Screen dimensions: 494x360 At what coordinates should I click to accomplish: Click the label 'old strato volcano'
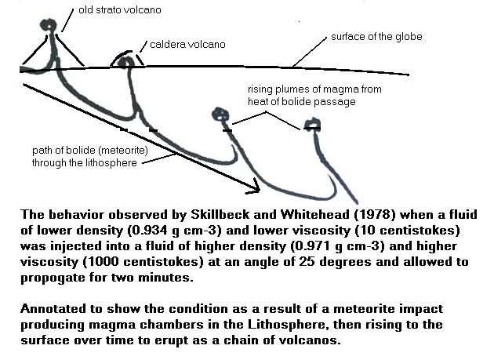pos(120,10)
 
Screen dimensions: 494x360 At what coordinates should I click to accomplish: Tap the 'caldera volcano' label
pos(187,45)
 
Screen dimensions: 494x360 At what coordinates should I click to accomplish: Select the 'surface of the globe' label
pos(376,37)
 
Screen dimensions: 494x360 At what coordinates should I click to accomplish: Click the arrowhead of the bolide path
pos(253,187)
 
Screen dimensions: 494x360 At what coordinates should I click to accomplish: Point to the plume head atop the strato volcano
pos(48,25)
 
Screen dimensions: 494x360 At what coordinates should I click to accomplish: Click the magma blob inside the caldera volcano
pos(126,62)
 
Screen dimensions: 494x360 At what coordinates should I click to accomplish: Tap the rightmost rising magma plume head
pos(313,124)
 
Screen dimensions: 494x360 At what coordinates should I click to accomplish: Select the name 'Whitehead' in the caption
pos(315,215)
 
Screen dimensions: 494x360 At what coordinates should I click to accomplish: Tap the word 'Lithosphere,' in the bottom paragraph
pos(286,325)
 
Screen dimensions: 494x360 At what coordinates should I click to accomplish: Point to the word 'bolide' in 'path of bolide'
pos(82,151)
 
